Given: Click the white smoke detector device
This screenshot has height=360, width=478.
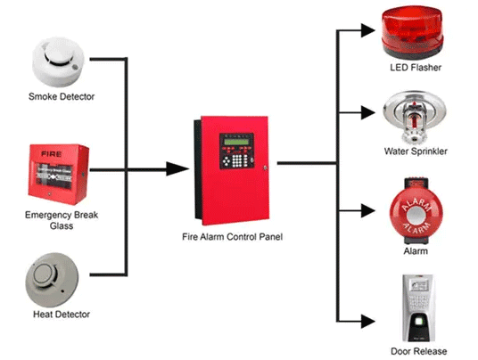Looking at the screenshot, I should coord(61,59).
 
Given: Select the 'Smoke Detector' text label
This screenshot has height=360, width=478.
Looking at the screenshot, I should coord(61,97).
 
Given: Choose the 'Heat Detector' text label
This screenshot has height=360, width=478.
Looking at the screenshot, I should coord(60,315).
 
